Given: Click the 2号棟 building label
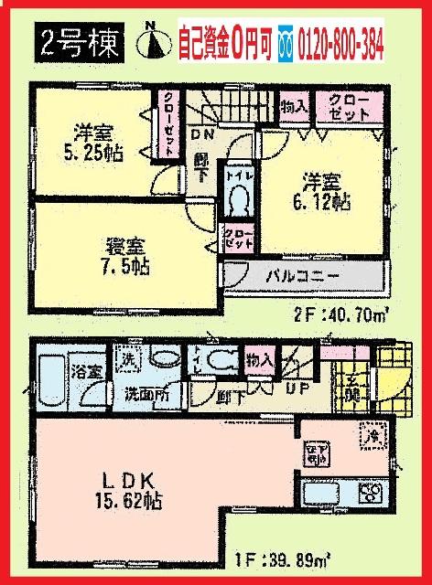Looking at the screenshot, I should point(78,43).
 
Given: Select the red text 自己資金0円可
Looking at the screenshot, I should point(226,41).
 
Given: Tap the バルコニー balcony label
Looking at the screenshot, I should point(304,274).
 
